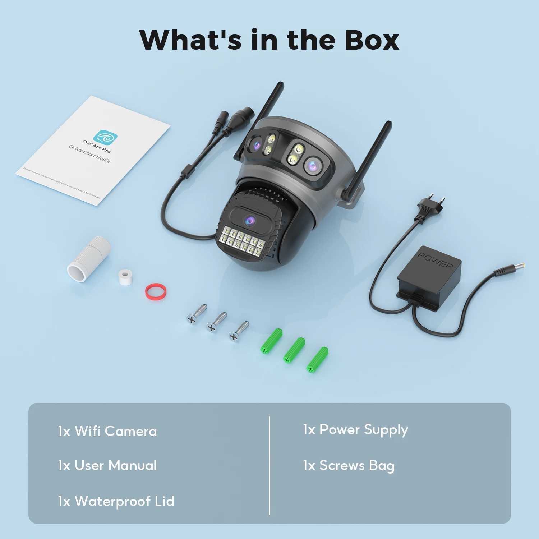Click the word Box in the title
(x=372, y=40)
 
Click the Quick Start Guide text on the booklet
(x=90, y=154)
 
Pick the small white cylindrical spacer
(x=125, y=277)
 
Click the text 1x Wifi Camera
(x=107, y=431)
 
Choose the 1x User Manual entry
(x=107, y=465)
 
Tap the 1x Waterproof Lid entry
(x=116, y=501)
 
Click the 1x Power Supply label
(x=355, y=430)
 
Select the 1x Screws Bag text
(x=348, y=465)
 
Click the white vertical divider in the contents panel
(x=269, y=465)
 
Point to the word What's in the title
(x=190, y=40)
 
